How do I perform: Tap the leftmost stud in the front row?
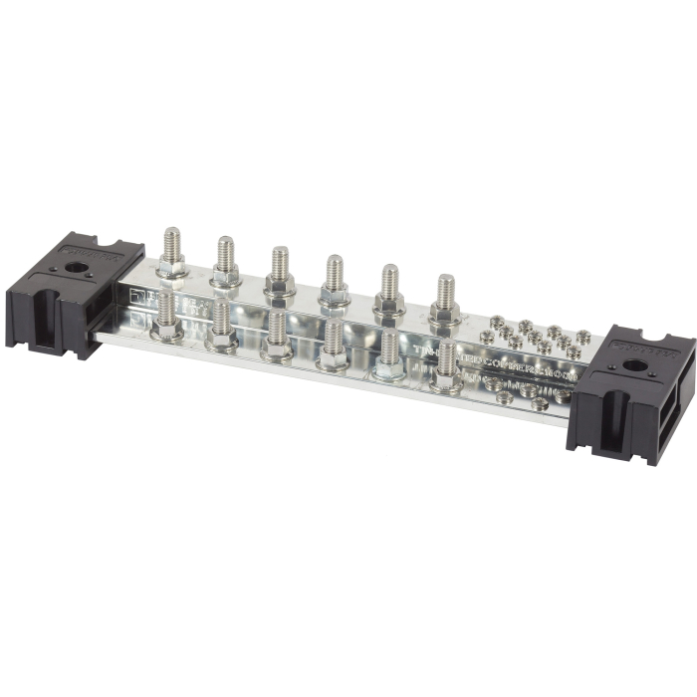coord(165,313)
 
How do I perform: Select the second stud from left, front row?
coord(221,323)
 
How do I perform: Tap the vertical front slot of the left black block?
coord(41,319)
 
